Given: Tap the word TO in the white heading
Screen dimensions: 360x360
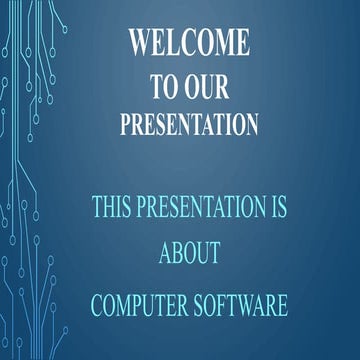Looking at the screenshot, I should pyautogui.click(x=165, y=87).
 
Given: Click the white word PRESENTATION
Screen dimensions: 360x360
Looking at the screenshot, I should pyautogui.click(x=189, y=125).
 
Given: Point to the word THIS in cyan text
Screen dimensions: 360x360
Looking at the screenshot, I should pyautogui.click(x=113, y=208).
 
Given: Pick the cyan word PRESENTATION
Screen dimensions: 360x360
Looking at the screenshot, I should pyautogui.click(x=201, y=208).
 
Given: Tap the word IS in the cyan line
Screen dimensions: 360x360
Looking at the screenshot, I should pyautogui.click(x=277, y=208).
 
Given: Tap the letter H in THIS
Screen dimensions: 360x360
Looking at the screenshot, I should pyautogui.click(x=109, y=208).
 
